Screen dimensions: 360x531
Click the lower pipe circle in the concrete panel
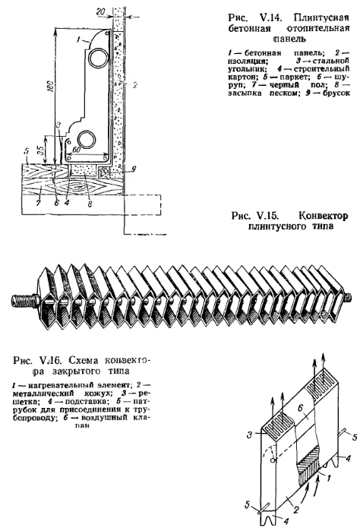[x=87, y=140]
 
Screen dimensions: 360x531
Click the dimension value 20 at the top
[x=100, y=12]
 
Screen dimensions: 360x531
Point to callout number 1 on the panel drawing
[x=78, y=40]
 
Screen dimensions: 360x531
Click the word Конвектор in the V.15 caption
[x=324, y=216]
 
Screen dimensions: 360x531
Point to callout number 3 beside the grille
[x=250, y=435]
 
